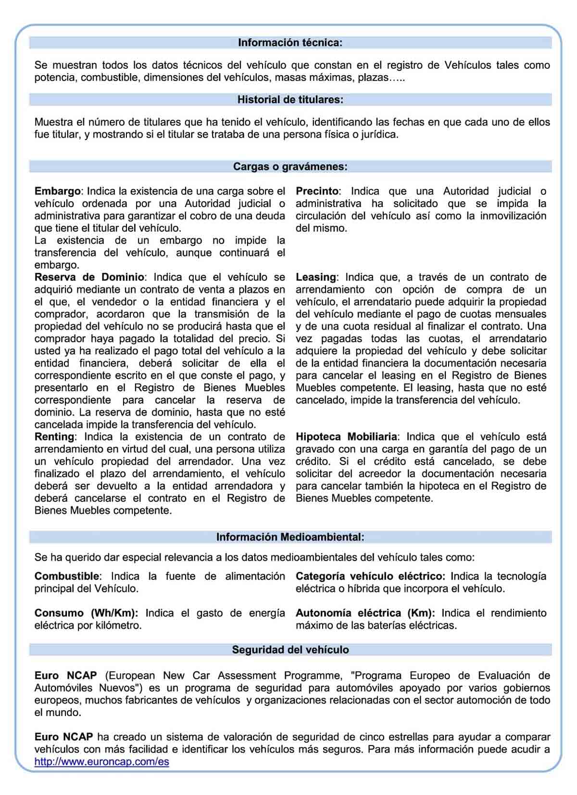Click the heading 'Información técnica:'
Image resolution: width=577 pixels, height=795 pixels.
pos(290,43)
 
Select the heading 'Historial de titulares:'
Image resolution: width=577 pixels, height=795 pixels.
pos(290,100)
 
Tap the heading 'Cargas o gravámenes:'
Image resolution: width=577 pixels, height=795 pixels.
pos(290,167)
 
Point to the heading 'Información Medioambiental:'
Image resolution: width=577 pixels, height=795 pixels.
pos(290,537)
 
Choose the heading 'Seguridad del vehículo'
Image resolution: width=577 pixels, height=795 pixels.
pos(290,650)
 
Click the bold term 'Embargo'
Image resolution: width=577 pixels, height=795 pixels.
pos(57,191)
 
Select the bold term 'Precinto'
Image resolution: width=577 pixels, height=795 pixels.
pos(317,191)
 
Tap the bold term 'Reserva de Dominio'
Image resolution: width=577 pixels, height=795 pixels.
pos(89,277)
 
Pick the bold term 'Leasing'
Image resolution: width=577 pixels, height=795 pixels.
pos(315,277)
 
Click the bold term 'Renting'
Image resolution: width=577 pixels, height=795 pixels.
pos(54,437)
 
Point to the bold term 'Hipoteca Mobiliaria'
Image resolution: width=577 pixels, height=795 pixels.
pos(346,437)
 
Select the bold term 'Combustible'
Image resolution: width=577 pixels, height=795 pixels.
pos(67,576)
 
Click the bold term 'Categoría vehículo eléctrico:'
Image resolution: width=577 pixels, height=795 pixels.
pos(370,576)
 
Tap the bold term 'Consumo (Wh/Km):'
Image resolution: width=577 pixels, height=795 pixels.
pos(86,613)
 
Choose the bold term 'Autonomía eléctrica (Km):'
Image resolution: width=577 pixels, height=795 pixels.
pos(365,613)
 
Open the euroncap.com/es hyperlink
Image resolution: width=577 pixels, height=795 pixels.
pos(101,762)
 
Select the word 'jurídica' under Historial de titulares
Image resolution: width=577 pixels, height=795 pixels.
pos(379,134)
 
